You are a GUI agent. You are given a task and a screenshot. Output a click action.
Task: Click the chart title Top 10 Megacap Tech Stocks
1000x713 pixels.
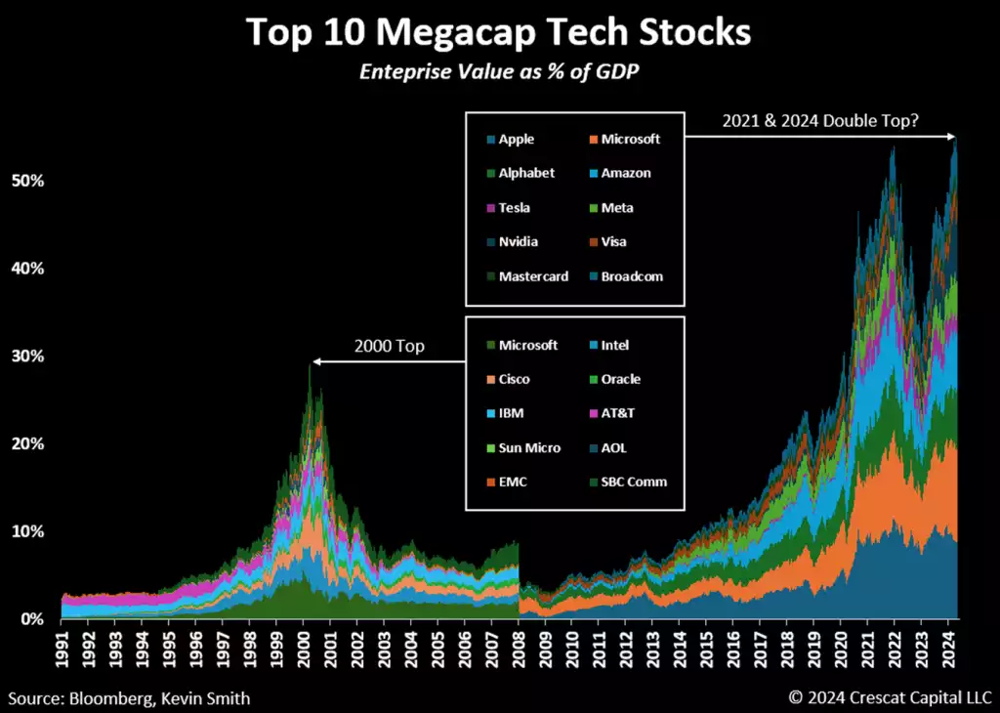[x=499, y=31]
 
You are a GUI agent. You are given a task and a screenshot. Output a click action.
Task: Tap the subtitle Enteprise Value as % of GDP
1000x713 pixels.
[x=499, y=72]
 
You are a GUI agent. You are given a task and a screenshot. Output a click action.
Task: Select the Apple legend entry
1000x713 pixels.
[x=516, y=139]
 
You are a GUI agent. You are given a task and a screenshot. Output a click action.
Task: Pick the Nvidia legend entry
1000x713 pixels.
[x=518, y=241]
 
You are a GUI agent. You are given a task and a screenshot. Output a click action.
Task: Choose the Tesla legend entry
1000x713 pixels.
[x=515, y=207]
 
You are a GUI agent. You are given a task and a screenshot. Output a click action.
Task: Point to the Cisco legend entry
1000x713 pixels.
[x=515, y=379]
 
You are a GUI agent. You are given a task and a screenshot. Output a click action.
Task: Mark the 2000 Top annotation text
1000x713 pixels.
[x=389, y=347]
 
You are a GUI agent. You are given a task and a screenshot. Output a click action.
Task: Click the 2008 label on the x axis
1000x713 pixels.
[x=519, y=649]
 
